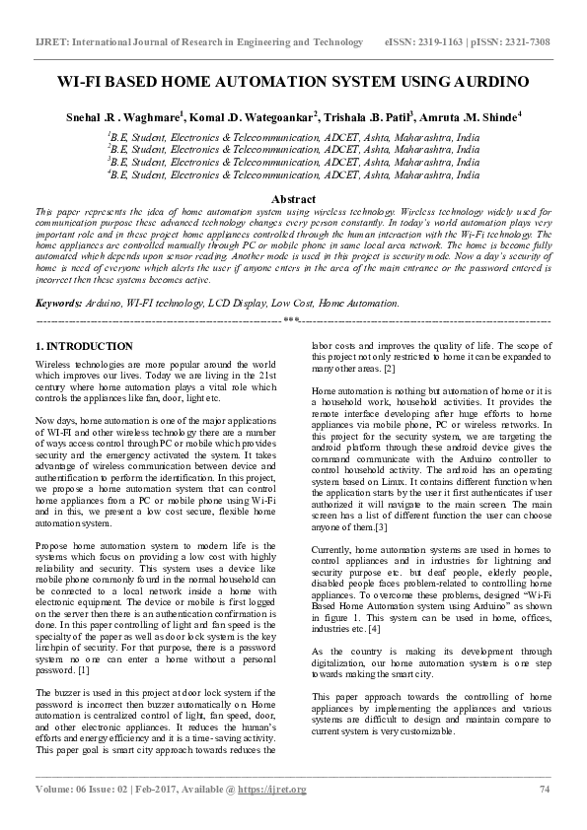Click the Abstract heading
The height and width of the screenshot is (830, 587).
tap(293, 199)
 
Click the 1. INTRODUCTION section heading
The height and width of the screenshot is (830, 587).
tap(84, 347)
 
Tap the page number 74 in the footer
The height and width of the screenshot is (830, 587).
tap(544, 790)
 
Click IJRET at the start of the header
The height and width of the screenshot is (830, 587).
tap(51, 42)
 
